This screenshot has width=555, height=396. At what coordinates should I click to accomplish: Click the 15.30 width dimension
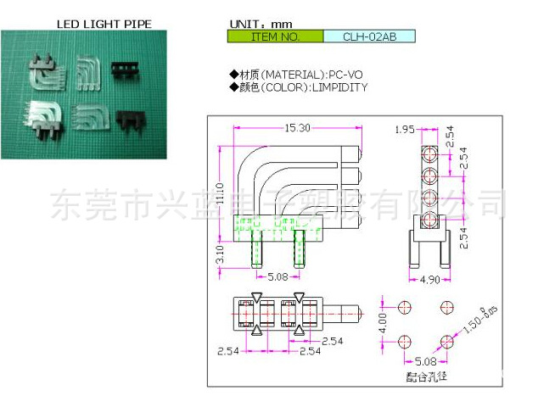[296, 127]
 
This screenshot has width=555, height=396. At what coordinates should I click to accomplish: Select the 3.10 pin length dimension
[218, 252]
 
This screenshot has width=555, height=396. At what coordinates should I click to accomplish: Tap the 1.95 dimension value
[405, 129]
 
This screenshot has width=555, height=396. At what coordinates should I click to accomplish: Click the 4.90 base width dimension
[429, 279]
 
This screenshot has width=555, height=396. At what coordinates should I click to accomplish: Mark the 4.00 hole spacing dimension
[382, 322]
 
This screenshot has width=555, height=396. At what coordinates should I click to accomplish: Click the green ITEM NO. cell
[276, 37]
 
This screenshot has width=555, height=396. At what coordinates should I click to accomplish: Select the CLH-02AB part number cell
[370, 37]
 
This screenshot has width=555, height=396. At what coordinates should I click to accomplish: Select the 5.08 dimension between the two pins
[277, 276]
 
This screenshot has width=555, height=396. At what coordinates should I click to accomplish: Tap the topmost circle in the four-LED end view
[429, 154]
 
